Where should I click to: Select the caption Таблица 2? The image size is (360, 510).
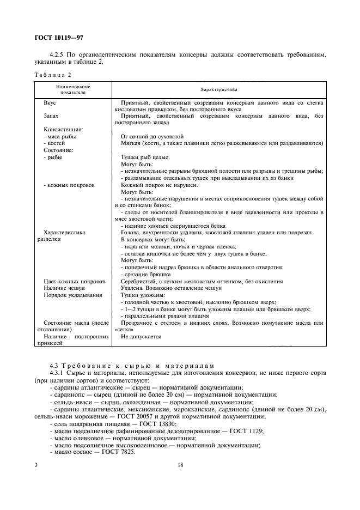click(52, 75)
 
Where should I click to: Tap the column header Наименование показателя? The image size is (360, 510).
click(72, 89)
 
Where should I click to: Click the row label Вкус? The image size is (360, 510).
click(50, 102)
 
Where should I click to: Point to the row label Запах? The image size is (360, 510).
click(51, 116)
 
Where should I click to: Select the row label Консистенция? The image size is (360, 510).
click(63, 130)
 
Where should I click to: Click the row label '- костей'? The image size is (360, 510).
click(54, 143)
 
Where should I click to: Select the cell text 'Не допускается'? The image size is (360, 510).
click(141, 336)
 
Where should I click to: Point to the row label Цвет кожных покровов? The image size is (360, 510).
click(75, 281)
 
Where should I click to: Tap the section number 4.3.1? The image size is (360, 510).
click(57, 373)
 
